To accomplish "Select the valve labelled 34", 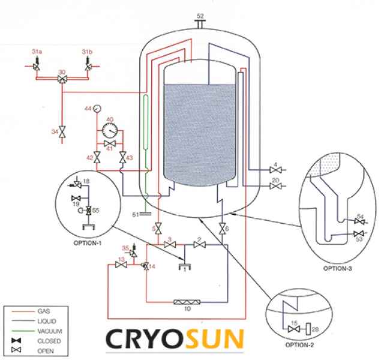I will (x=62, y=130).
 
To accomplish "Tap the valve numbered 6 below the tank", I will (x=223, y=229).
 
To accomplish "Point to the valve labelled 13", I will (x=122, y=265).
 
